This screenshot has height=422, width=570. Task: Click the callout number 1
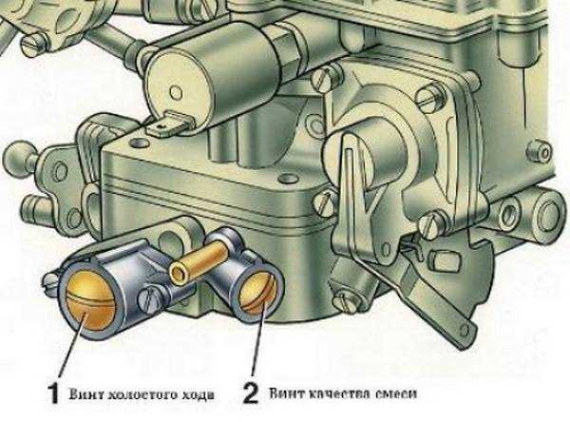click(53, 393)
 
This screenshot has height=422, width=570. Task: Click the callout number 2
click(251, 393)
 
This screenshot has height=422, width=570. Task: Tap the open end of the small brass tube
click(180, 273)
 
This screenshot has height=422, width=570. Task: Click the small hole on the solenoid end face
click(176, 92)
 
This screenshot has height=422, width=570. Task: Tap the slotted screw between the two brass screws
click(149, 299)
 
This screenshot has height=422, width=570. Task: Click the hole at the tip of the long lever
click(464, 331)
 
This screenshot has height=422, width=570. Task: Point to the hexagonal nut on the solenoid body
click(287, 46)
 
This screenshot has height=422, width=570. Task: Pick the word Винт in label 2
click(282, 393)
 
